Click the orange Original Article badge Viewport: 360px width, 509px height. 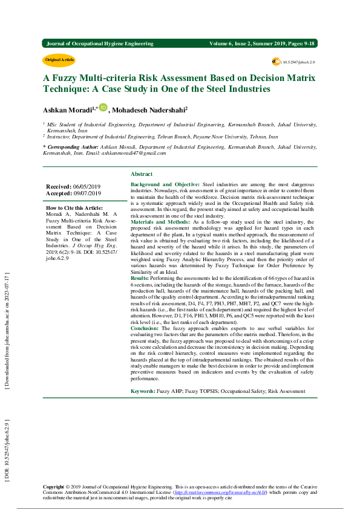click(x=59, y=60)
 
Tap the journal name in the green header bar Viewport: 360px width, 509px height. click(x=100, y=44)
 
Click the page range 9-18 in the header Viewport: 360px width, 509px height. click(x=309, y=44)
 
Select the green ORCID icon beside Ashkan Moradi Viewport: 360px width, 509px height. click(x=103, y=108)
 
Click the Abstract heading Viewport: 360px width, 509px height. click(x=142, y=173)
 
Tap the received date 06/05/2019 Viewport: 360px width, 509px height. click(x=87, y=187)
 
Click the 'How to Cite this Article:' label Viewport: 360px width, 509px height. click(x=74, y=207)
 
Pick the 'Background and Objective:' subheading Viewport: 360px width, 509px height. click(x=165, y=184)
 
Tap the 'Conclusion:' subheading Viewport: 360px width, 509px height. click(x=145, y=327)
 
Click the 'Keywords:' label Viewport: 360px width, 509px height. click(x=143, y=392)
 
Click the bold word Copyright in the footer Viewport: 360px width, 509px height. click(x=53, y=487)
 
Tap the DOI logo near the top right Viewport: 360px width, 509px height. click(x=277, y=62)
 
